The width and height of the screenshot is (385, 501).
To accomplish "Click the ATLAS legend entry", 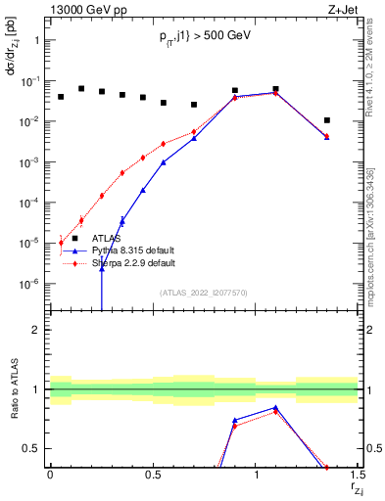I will [108, 238].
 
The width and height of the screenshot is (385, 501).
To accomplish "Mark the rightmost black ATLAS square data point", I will [327, 120].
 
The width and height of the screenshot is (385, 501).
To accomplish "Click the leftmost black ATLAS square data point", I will [61, 97].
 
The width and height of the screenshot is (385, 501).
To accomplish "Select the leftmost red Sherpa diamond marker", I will [61, 242].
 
